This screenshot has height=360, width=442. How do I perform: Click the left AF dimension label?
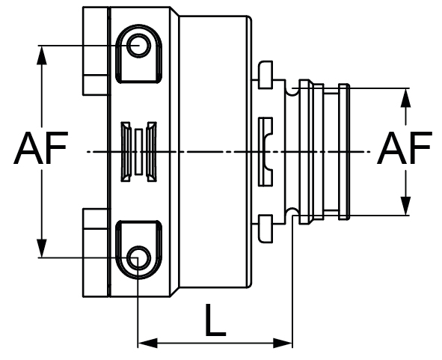[40, 150]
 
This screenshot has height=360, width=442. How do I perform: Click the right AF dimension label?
[405, 150]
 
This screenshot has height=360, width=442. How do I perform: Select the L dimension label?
[215, 323]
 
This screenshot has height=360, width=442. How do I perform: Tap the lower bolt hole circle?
[138, 258]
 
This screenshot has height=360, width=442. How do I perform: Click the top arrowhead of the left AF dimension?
[40, 53]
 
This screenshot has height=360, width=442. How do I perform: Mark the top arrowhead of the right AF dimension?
[405, 96]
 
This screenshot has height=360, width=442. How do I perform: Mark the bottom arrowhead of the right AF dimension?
[405, 209]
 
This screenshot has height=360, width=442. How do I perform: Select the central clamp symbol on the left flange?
[138, 152]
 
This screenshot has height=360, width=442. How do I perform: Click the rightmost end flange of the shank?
[343, 152]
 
